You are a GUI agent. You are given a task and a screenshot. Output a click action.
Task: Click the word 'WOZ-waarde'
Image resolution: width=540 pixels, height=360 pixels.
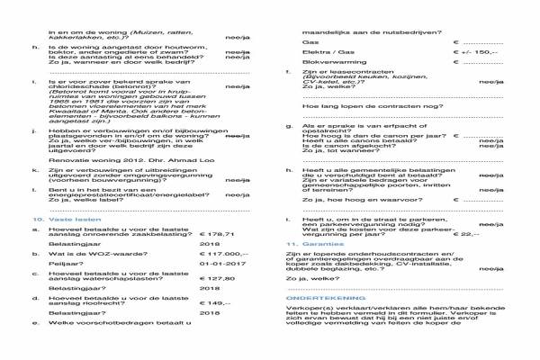tap(111, 256)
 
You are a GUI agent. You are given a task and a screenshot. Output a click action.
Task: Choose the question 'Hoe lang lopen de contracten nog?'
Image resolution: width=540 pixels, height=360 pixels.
tap(357, 105)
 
